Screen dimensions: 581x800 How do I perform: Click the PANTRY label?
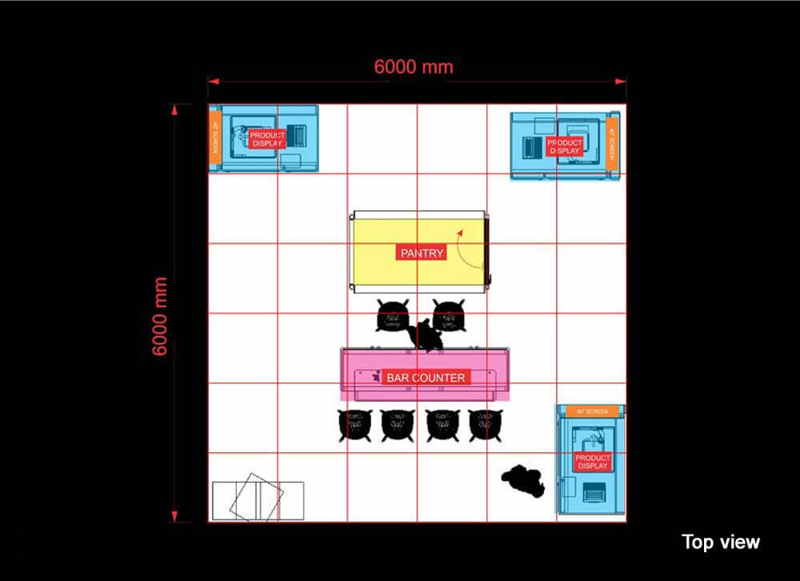(x=421, y=253)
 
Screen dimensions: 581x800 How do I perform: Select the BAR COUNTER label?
(x=426, y=377)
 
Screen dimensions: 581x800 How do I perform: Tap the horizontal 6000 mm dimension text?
(x=414, y=66)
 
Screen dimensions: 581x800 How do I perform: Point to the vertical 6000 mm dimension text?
(x=160, y=317)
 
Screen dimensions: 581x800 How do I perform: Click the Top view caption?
(x=720, y=542)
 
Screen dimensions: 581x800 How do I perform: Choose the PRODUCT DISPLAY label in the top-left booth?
(x=267, y=139)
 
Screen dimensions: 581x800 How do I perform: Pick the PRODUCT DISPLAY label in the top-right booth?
(x=565, y=146)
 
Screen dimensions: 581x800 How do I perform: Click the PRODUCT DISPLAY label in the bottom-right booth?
(x=592, y=461)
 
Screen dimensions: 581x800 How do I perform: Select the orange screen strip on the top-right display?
(x=612, y=143)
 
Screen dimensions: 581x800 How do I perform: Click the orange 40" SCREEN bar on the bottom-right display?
(x=591, y=411)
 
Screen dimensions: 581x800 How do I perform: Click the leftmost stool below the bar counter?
(x=354, y=425)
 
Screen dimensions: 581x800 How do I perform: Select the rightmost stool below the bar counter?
(x=484, y=425)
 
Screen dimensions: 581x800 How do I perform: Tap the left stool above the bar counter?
(x=393, y=315)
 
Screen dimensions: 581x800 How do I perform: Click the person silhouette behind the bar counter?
(x=426, y=335)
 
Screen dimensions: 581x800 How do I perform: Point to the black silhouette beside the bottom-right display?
(x=525, y=481)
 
